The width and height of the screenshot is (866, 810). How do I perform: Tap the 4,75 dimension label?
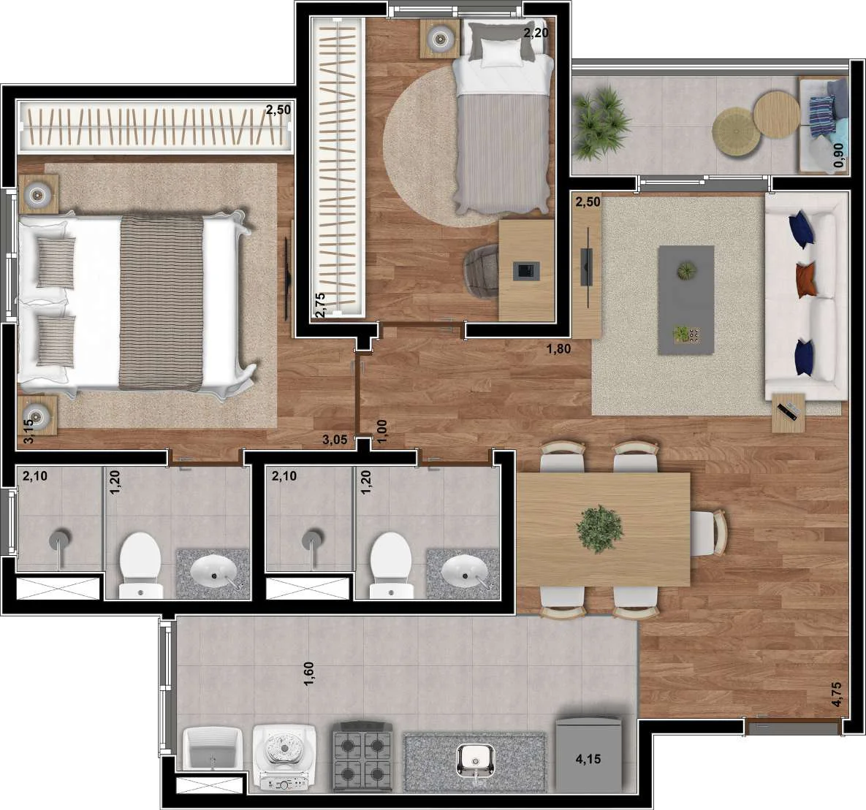pos(837,695)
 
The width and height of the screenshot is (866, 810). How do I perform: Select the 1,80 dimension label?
pos(558,349)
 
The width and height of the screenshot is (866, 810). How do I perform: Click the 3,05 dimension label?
pos(335,440)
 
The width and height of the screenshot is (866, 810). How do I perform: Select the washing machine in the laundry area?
pos(284,758)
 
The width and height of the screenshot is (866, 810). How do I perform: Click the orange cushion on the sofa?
pos(807,280)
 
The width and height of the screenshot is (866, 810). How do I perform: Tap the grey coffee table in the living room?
pos(686,299)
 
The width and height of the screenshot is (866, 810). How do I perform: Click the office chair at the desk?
pos(482,272)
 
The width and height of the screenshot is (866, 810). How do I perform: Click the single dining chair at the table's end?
pos(709,533)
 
